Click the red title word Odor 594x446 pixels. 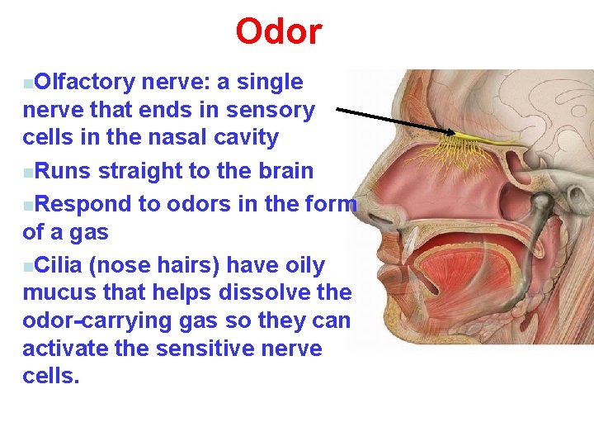point(279,32)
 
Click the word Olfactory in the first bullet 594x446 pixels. point(85,82)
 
